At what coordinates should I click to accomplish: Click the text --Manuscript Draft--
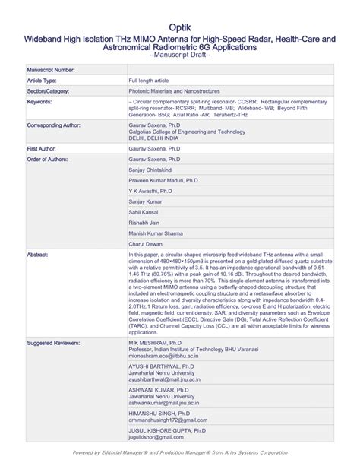[x=180, y=56]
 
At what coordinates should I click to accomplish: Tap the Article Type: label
[x=42, y=80]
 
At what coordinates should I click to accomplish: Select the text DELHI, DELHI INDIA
[x=159, y=138]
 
